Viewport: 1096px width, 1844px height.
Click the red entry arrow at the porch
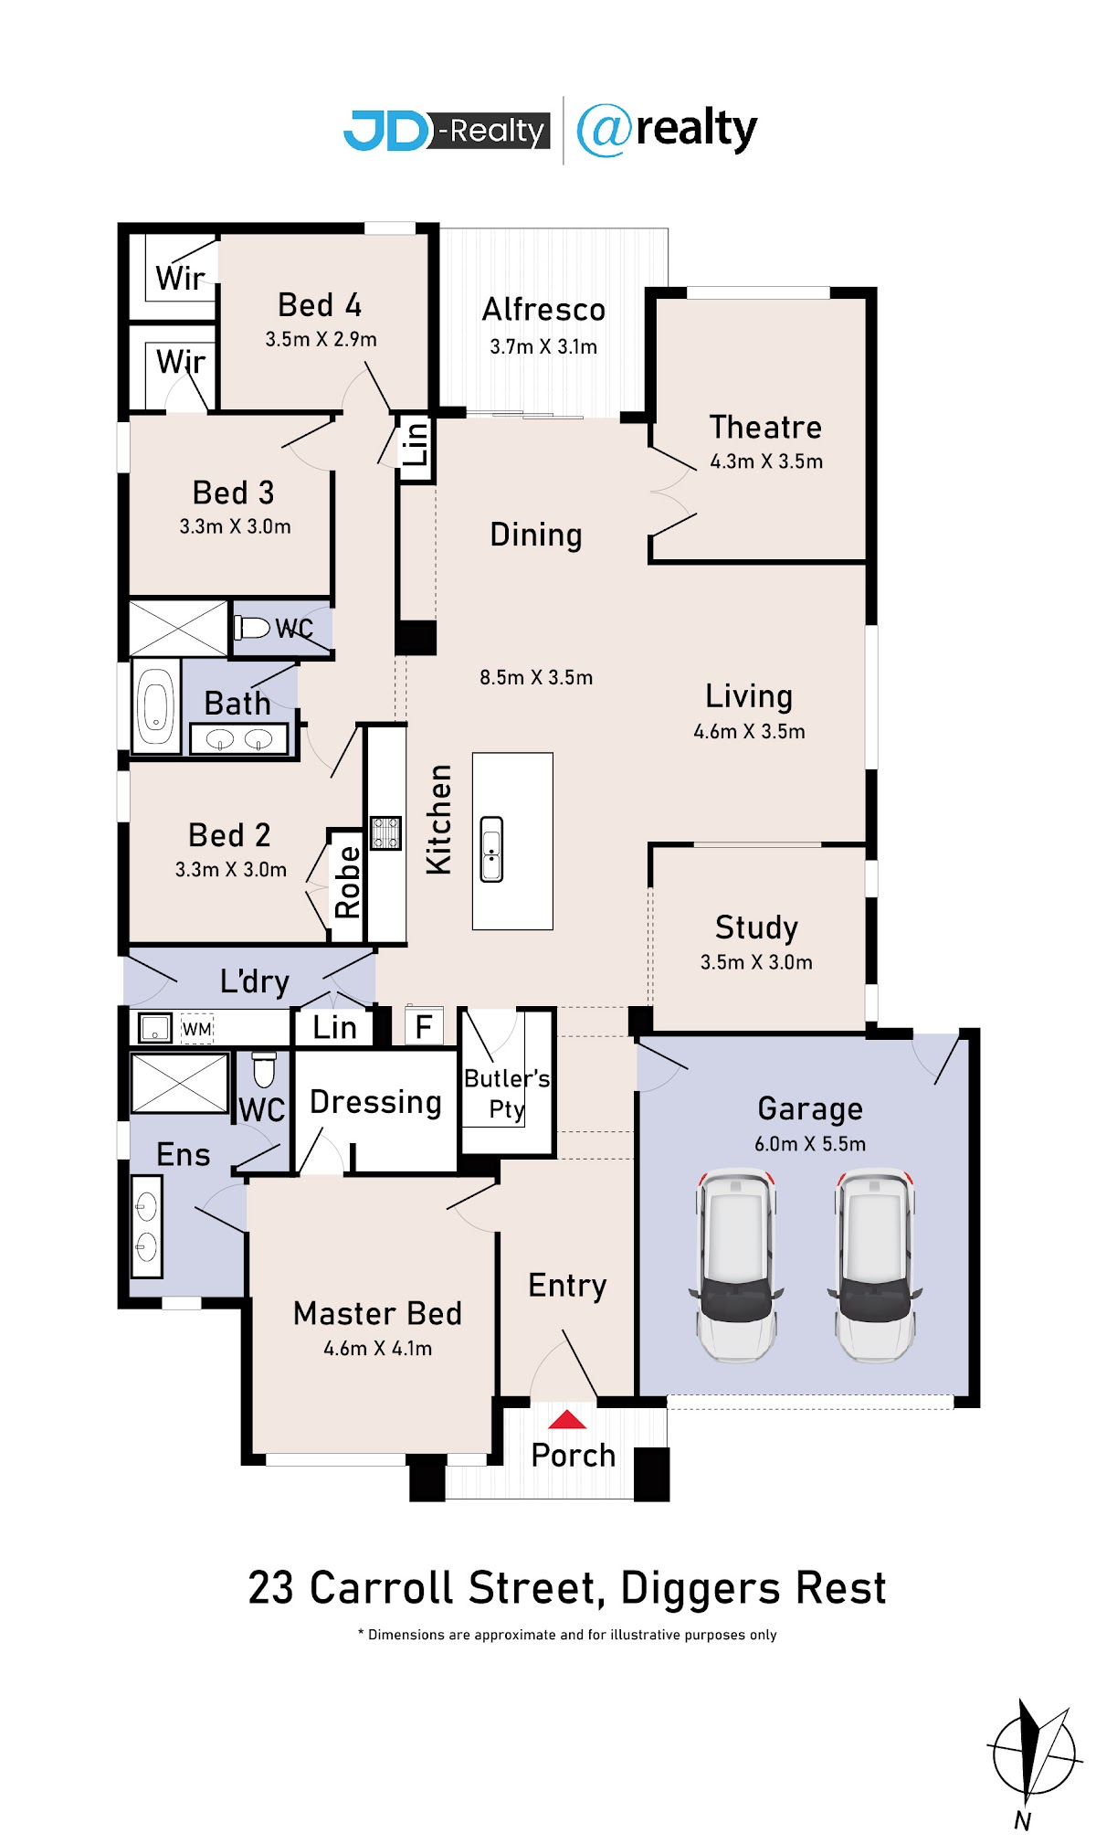click(567, 1419)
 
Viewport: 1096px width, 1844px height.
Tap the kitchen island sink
click(491, 849)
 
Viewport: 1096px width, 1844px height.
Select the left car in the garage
click(736, 1265)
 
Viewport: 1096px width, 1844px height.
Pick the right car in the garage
click(875, 1265)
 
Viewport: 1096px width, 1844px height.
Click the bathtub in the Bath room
click(156, 707)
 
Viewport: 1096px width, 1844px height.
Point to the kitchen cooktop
click(385, 832)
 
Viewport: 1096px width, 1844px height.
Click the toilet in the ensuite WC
click(264, 1069)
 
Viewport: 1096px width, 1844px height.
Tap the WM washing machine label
click(197, 1029)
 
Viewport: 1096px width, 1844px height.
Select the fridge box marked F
click(424, 1026)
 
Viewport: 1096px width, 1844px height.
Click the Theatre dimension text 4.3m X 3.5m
click(766, 461)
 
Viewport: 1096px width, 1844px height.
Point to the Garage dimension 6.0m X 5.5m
click(810, 1144)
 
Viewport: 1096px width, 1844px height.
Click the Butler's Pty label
click(507, 1094)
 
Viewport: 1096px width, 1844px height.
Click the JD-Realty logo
click(447, 131)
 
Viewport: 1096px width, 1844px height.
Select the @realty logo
click(667, 130)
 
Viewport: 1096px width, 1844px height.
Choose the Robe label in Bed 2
click(347, 882)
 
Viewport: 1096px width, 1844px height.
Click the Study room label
click(756, 927)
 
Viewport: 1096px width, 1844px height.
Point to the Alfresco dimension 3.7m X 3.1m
click(543, 347)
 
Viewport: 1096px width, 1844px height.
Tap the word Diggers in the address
click(701, 1588)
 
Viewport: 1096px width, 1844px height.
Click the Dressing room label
click(375, 1102)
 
